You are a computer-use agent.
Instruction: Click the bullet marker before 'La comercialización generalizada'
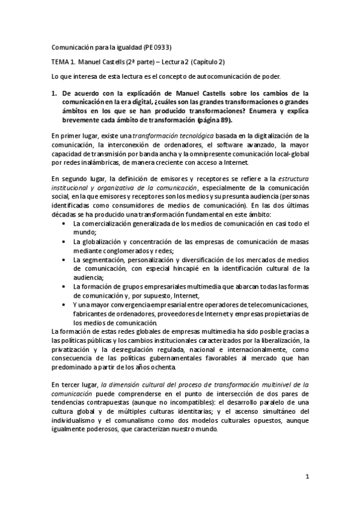(65, 224)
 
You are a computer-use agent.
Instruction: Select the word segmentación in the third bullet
(100, 259)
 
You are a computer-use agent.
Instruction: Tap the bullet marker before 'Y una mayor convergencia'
(65, 305)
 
